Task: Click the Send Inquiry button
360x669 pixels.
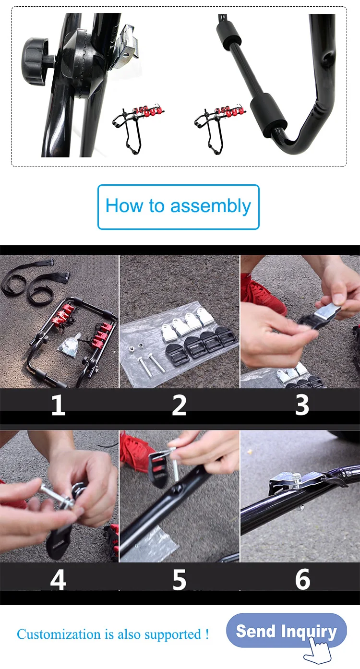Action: (286, 631)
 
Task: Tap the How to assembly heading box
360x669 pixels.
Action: (179, 207)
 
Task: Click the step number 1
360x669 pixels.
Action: (58, 405)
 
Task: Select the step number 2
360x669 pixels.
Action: (179, 405)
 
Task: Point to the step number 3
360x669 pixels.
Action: (302, 405)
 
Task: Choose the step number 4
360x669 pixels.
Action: (58, 579)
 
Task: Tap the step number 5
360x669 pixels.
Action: (179, 579)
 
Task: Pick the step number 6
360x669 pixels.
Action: (302, 579)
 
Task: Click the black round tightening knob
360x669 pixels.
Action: (35, 61)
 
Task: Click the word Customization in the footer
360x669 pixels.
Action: (59, 634)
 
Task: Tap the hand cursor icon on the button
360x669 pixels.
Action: (318, 651)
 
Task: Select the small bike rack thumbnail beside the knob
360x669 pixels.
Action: (138, 129)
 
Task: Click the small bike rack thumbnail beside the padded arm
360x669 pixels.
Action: (219, 129)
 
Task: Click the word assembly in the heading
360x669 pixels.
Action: (211, 206)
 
